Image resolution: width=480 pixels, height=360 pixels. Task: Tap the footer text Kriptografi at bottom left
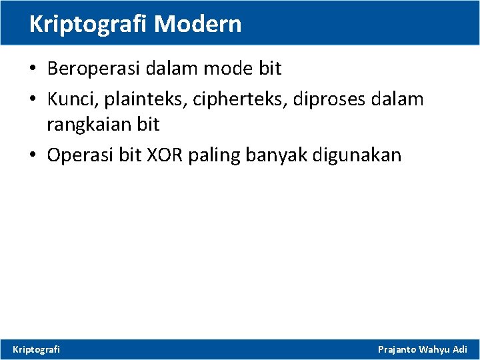click(37, 349)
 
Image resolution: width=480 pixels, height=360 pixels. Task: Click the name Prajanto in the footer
click(397, 349)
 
